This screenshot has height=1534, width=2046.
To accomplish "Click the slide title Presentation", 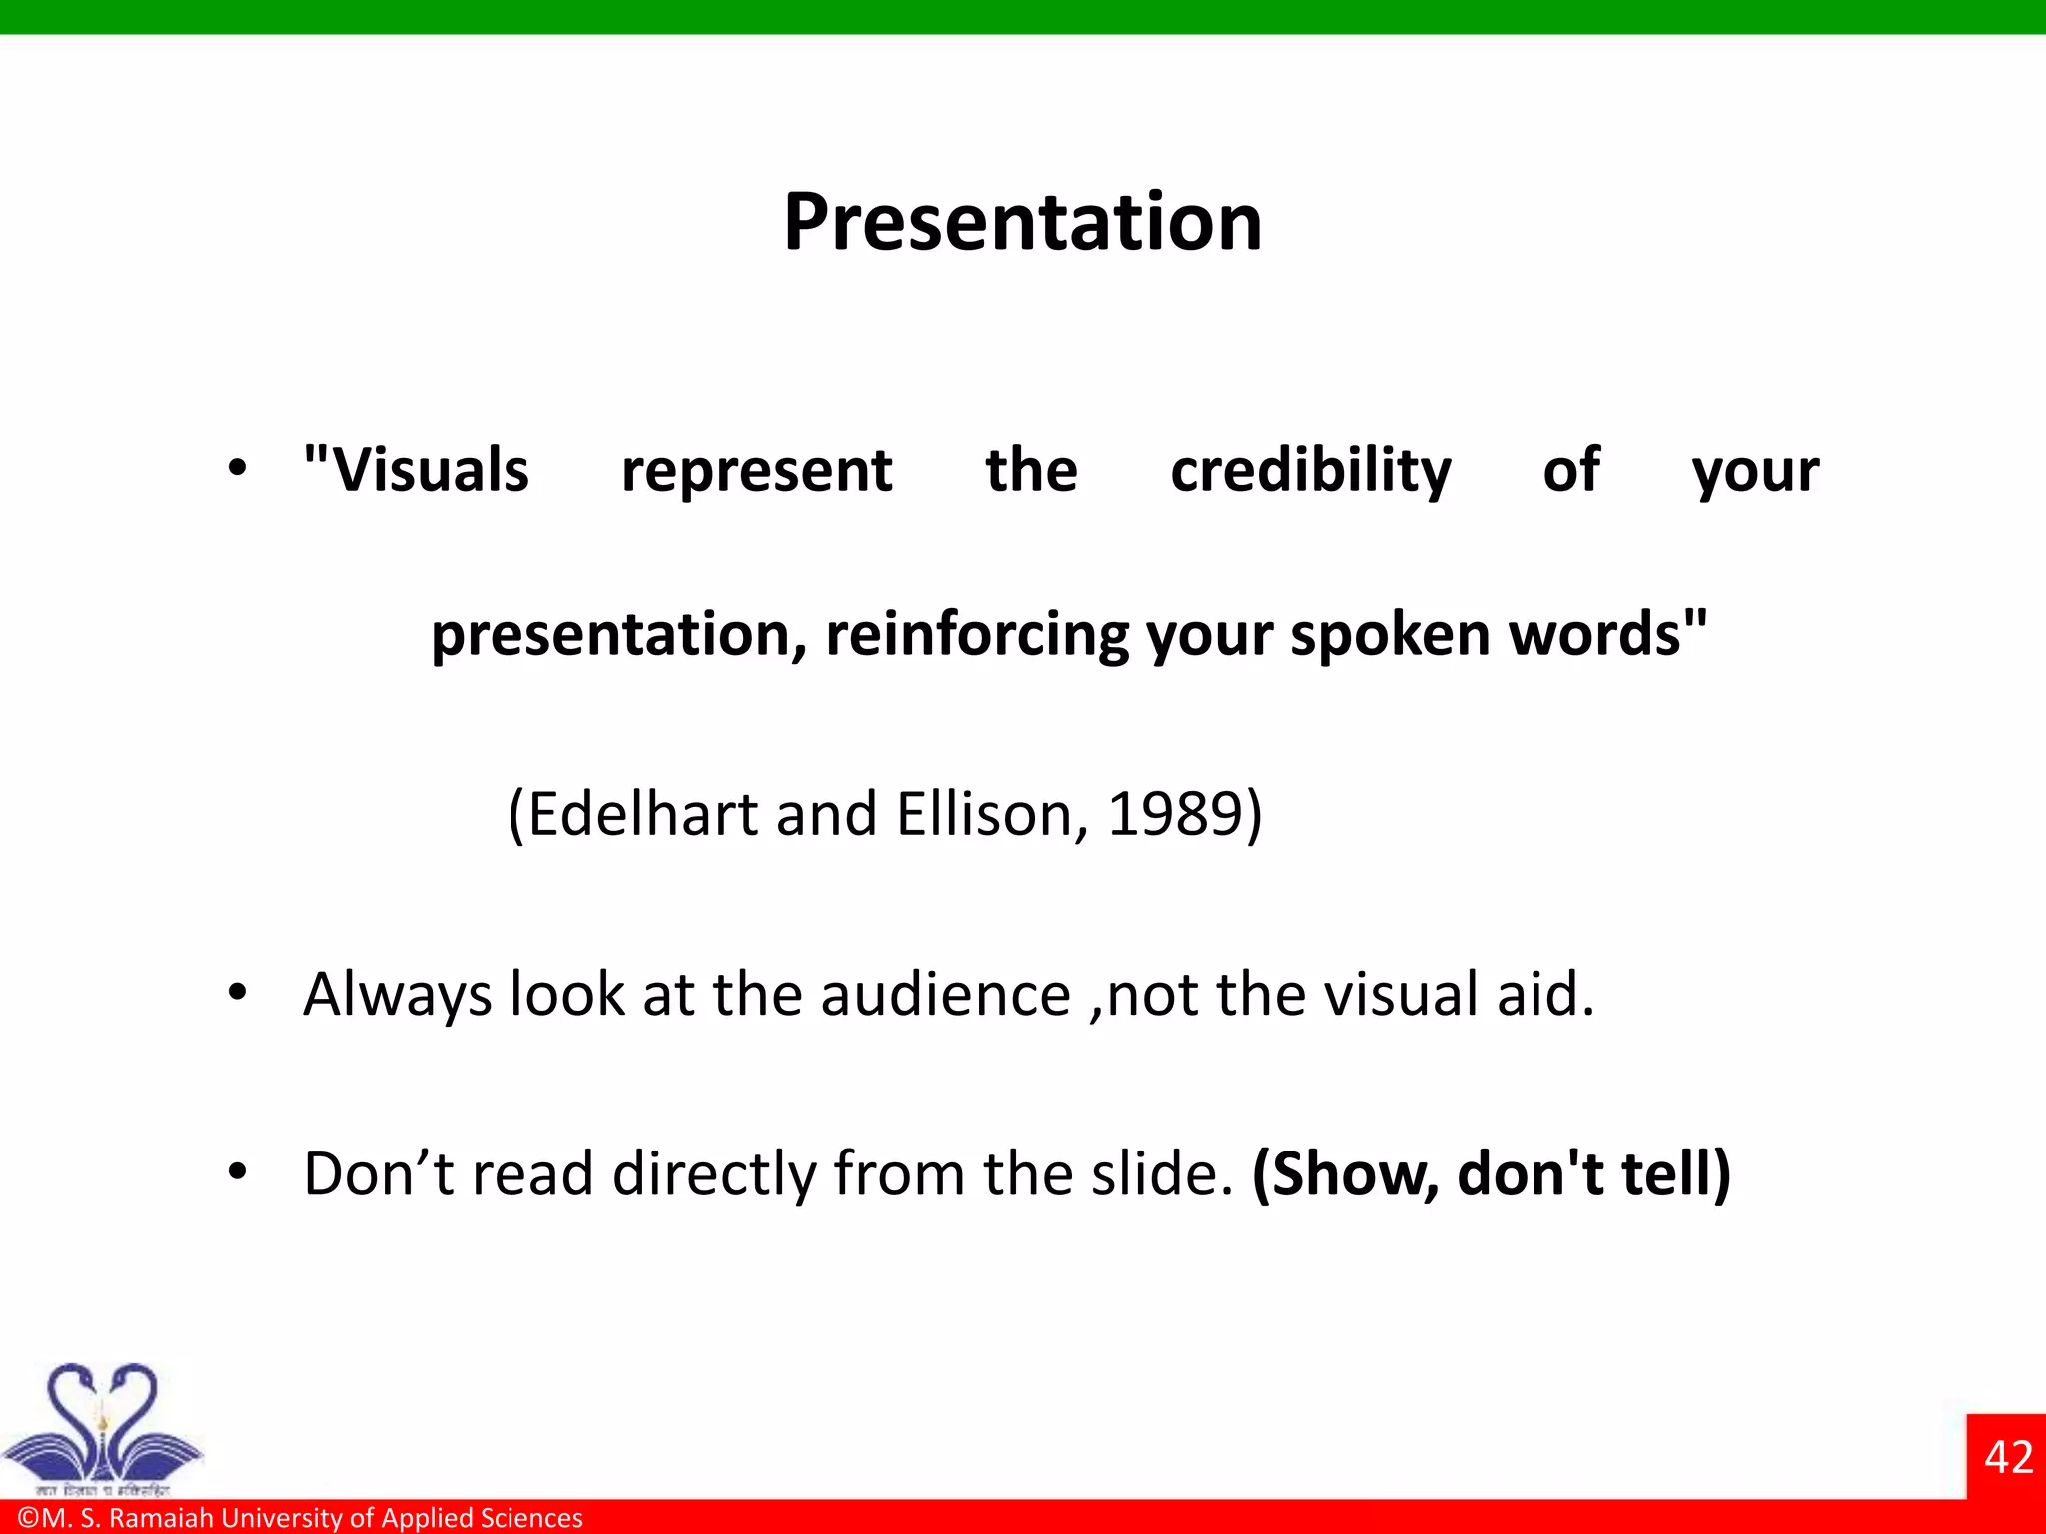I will tap(1022, 222).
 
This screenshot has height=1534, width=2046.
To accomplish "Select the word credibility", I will tap(1310, 470).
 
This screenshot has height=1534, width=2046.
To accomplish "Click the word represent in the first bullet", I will tap(756, 470).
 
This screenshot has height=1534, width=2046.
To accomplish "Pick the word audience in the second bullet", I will tap(945, 995).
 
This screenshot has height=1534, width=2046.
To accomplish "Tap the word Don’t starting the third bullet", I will tap(379, 1173).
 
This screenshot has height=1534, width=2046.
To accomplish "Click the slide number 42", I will tap(2008, 1457).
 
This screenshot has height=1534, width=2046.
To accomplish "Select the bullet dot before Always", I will tap(237, 993).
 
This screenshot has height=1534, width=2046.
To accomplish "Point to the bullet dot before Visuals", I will tap(237, 468).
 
